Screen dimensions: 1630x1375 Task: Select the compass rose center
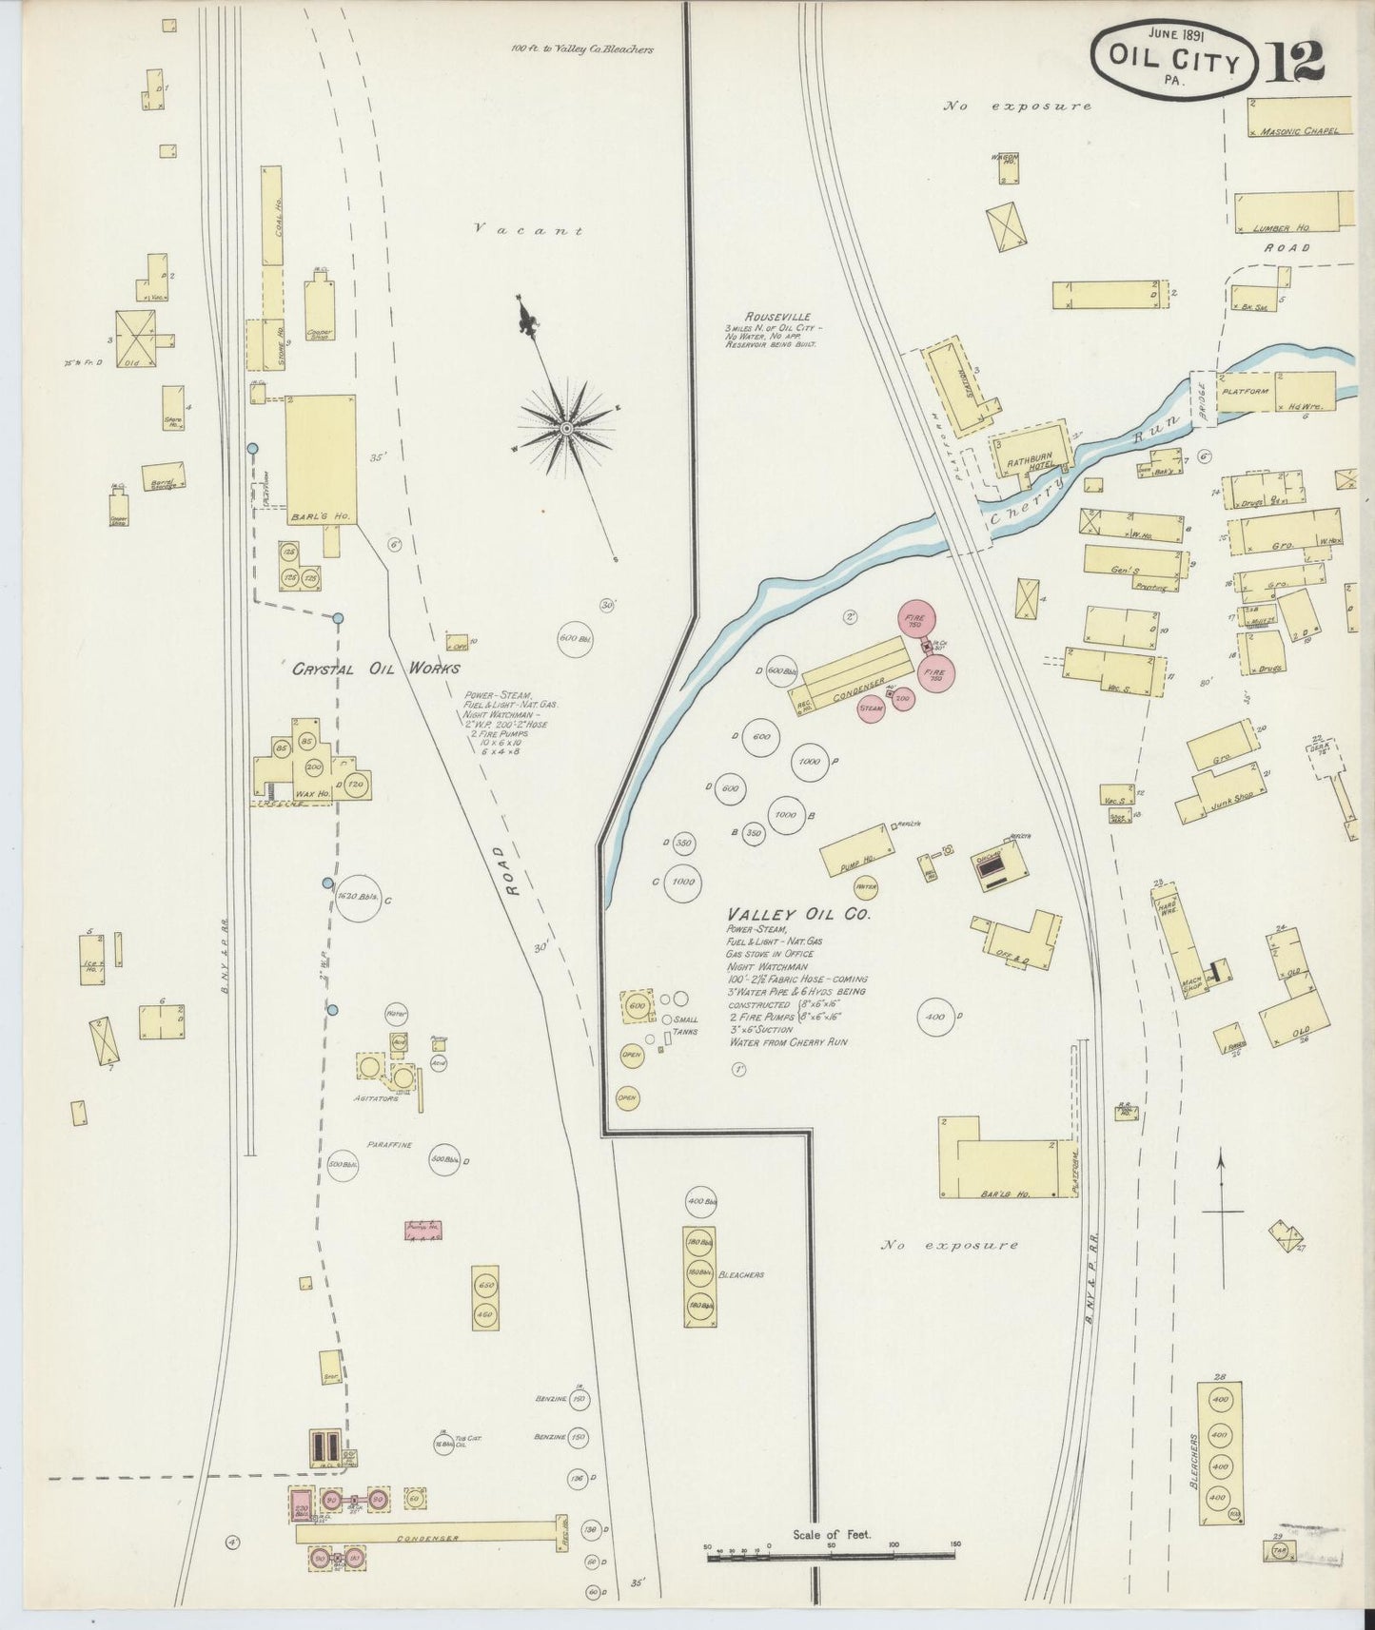click(566, 428)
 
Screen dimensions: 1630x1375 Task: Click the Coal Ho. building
click(272, 216)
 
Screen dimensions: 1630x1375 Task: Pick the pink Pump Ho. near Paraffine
click(422, 1230)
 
